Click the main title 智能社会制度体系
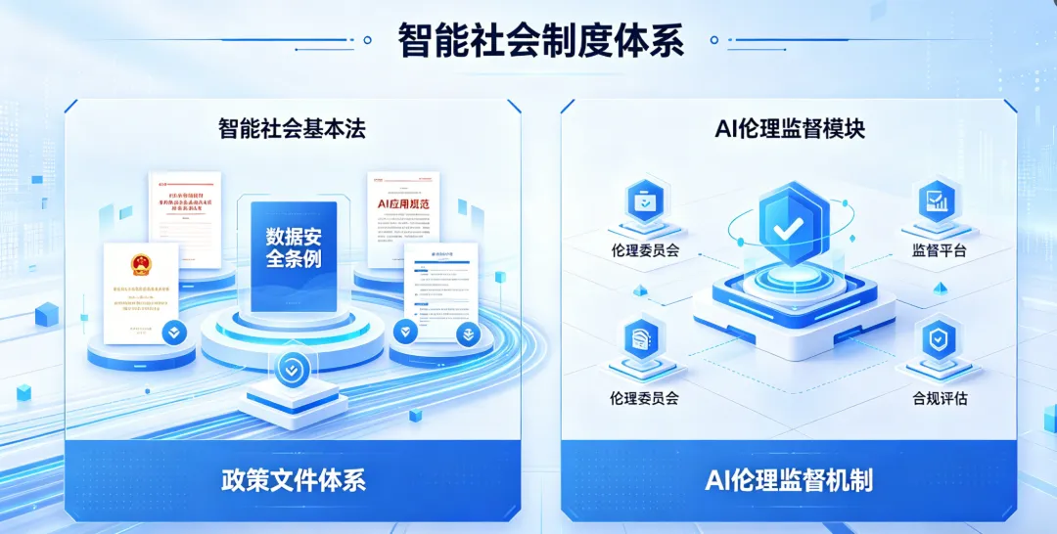[540, 42]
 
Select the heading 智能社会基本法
[292, 127]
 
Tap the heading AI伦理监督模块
[789, 127]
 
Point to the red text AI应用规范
[403, 204]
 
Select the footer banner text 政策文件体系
[293, 480]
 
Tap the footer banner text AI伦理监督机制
[789, 480]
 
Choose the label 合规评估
[939, 399]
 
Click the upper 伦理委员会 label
[645, 250]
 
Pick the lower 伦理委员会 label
[644, 399]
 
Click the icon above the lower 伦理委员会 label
[644, 339]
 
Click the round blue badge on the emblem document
[174, 333]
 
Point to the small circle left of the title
[367, 41]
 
